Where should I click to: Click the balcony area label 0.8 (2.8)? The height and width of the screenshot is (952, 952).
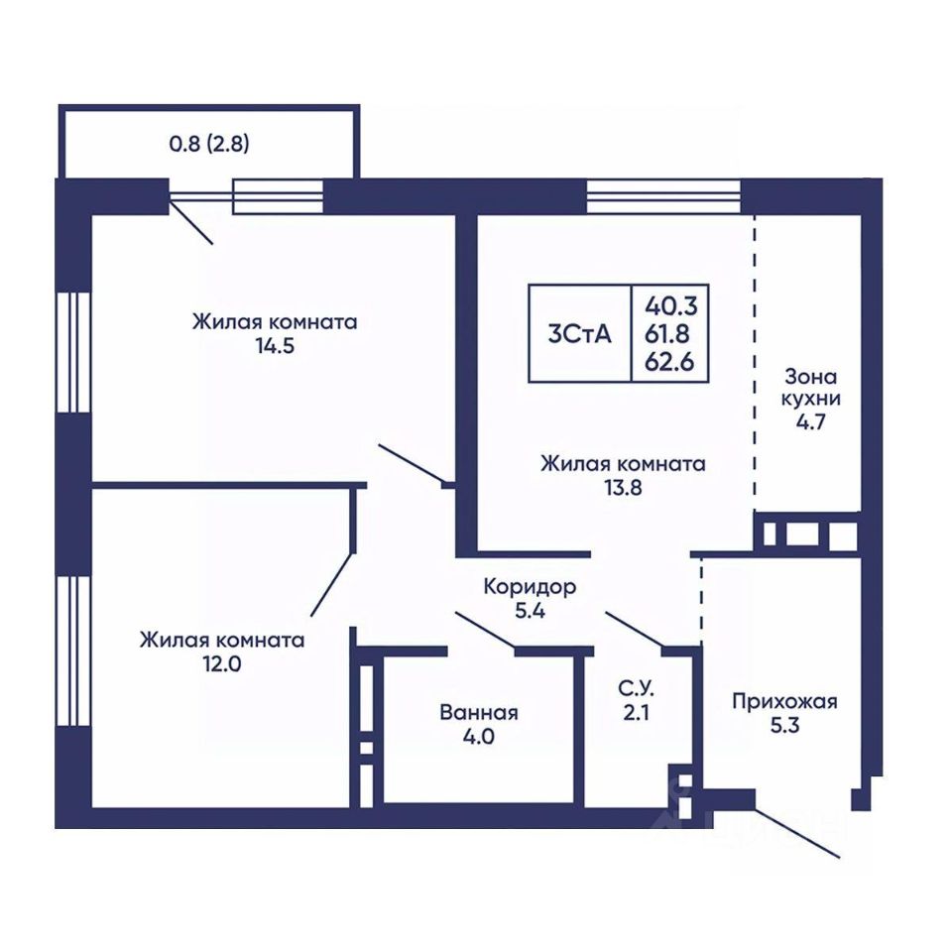(x=209, y=145)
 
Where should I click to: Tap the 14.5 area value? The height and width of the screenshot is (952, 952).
(x=275, y=346)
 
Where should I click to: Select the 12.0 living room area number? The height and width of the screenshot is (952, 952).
(x=222, y=664)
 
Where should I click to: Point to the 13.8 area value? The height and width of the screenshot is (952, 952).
(x=623, y=488)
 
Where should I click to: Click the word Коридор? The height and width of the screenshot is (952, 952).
(x=530, y=587)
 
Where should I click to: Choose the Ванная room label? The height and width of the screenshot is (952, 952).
(x=479, y=712)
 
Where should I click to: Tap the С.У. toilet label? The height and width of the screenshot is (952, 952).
(x=637, y=688)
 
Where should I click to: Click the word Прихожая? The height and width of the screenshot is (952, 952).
(x=784, y=702)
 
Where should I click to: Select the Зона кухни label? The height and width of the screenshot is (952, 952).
(x=810, y=388)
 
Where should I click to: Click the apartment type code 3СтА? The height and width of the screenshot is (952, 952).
(x=579, y=334)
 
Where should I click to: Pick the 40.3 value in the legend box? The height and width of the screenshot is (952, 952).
(x=671, y=306)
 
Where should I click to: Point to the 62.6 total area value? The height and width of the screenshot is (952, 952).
(x=669, y=363)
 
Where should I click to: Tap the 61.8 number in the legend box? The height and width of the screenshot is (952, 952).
(x=667, y=334)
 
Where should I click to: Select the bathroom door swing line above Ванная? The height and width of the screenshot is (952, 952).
(x=486, y=631)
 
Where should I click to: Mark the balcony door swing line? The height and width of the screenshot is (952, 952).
(x=191, y=223)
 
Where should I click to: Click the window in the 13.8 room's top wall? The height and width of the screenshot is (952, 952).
(x=663, y=196)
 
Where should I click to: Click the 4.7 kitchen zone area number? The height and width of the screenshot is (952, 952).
(x=811, y=421)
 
